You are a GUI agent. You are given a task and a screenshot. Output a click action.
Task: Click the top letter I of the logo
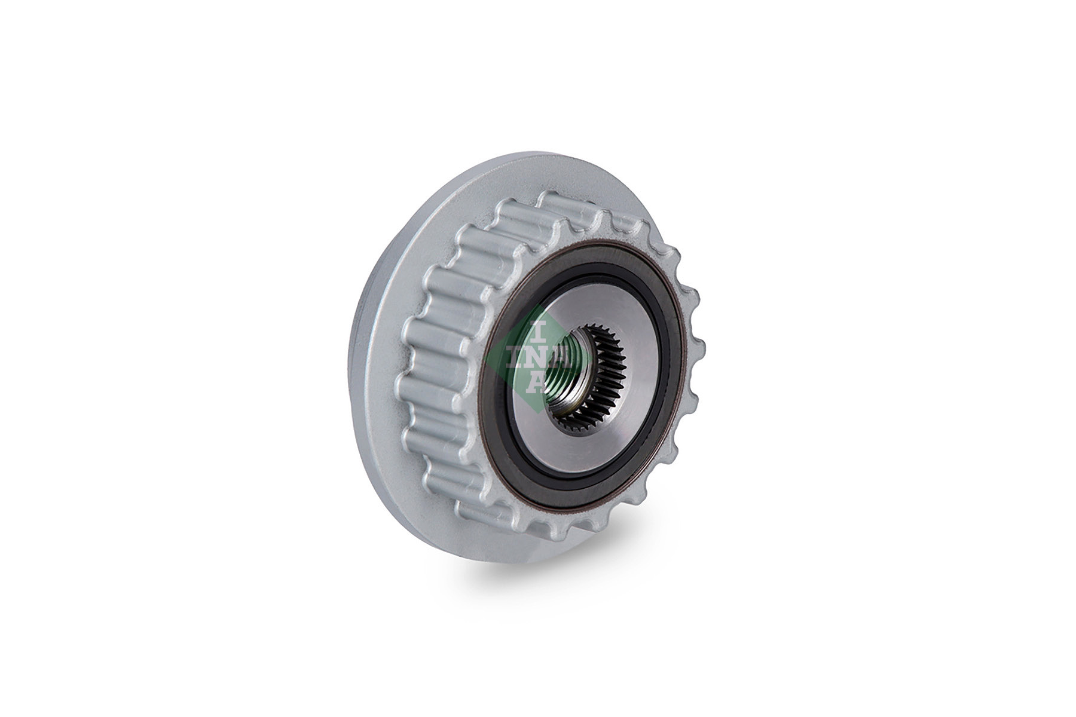(537, 330)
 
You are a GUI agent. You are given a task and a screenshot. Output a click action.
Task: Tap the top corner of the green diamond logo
(537, 305)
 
